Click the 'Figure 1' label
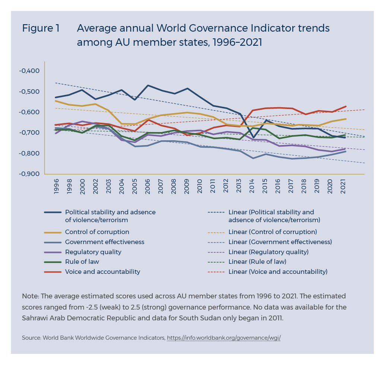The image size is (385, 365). coord(41,29)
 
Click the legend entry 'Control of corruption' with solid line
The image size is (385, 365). coord(97,232)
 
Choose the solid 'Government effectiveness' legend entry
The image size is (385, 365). coord(104,242)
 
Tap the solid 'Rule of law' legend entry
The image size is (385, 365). coord(82,262)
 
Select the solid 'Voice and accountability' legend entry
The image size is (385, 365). coord(102,272)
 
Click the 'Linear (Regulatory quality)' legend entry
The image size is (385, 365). coord(268,252)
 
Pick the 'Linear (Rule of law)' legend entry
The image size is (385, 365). coord(257,262)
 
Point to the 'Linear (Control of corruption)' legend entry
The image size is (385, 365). coord(272,232)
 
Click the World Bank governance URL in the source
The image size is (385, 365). coord(223,338)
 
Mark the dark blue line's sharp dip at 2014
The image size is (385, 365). coord(254,138)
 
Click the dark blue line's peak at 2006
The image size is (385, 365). coord(148,86)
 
